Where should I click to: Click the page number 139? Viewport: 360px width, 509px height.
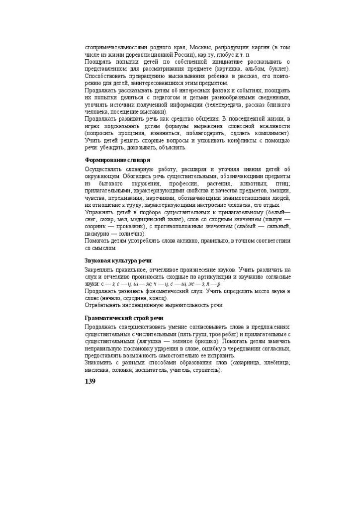[x=90, y=381]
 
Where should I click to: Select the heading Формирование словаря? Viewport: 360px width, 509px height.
[x=117, y=160]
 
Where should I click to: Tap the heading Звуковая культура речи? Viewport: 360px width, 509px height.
[x=118, y=261]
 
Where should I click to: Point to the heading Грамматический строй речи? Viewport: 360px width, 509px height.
[x=124, y=318]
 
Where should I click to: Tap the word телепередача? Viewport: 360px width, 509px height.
[x=227, y=105]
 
